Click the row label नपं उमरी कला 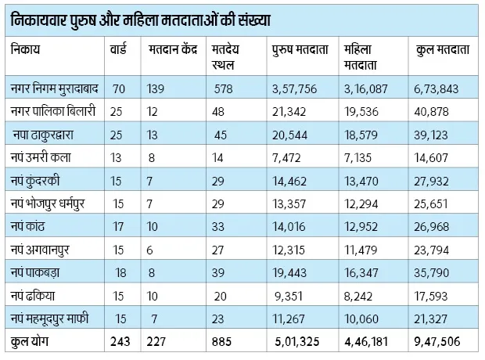pyautogui.click(x=40, y=159)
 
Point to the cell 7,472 pyautogui.click(x=285, y=159)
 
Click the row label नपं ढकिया pyautogui.click(x=34, y=296)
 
